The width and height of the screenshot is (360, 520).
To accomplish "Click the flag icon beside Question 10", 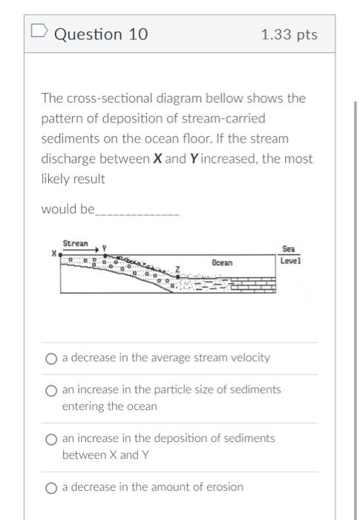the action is point(39,33).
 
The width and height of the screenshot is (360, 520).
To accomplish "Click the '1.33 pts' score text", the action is point(289,35).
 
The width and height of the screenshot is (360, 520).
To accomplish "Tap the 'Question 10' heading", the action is point(102,34).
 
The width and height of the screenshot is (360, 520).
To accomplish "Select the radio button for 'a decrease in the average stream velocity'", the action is point(51,359).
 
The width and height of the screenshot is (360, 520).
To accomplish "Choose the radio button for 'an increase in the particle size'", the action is point(51,391).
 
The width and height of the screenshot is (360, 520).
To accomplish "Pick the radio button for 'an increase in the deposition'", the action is point(51,439).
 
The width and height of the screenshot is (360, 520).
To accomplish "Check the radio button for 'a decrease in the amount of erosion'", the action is point(51,488).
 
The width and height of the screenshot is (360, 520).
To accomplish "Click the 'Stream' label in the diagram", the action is point(75,243).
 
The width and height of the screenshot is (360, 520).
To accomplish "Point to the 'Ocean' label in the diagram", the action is point(222,263).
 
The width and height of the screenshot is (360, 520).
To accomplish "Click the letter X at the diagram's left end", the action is point(53,253).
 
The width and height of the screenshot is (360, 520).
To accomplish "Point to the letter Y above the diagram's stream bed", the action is point(105,247).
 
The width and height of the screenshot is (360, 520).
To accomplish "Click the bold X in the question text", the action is point(158,159).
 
